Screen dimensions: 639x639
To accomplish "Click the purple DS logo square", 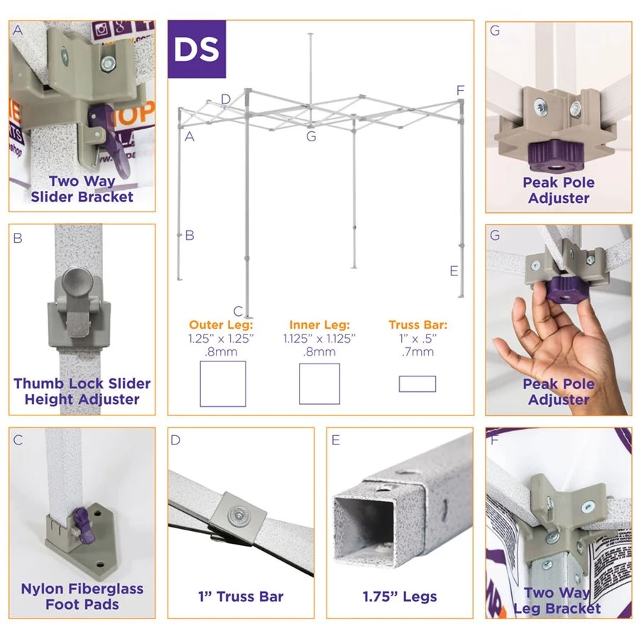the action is (x=197, y=49).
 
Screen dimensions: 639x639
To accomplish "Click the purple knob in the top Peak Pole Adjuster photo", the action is (x=556, y=156).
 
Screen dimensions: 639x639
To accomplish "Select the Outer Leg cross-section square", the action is (x=222, y=383).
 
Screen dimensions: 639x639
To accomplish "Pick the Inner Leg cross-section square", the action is (x=319, y=383).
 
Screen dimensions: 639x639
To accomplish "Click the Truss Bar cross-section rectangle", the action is (x=417, y=383).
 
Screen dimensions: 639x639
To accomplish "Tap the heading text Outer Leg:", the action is (x=221, y=324).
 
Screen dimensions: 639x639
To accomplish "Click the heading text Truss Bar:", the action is (x=417, y=324).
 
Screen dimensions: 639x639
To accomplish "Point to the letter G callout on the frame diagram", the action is (x=311, y=136).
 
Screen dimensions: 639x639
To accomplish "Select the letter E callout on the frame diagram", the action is (x=454, y=271).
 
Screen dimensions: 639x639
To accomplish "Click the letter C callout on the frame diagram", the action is (x=238, y=312).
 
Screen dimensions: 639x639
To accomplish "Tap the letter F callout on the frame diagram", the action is (x=460, y=90).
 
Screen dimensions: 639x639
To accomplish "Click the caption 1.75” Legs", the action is (x=399, y=596).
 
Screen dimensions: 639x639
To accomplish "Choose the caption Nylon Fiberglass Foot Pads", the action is (x=82, y=596).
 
